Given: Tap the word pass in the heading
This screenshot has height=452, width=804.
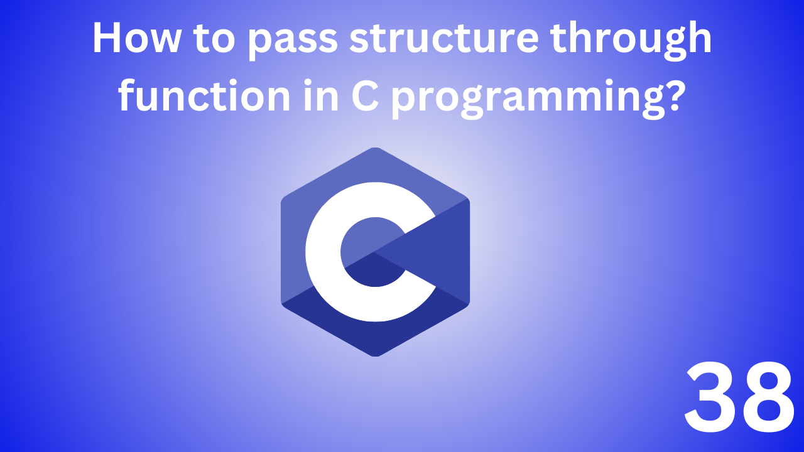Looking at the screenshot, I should tap(295, 40).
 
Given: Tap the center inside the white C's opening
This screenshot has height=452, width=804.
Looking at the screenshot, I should tap(371, 251).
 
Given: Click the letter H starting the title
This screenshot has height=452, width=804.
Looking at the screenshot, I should tap(105, 39).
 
